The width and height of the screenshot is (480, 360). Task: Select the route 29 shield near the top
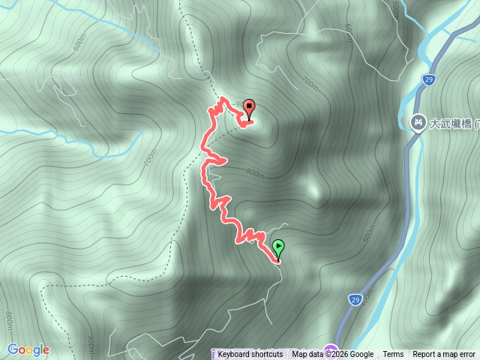pos(427,79)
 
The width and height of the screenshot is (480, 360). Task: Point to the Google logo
pos(28,349)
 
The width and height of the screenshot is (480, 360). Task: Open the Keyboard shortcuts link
pos(250,355)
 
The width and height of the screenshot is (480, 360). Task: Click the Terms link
pos(393,355)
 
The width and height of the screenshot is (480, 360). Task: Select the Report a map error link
pos(444,355)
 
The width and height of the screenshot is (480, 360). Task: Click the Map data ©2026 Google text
pos(333,355)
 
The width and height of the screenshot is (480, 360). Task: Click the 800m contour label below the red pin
pos(256,175)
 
